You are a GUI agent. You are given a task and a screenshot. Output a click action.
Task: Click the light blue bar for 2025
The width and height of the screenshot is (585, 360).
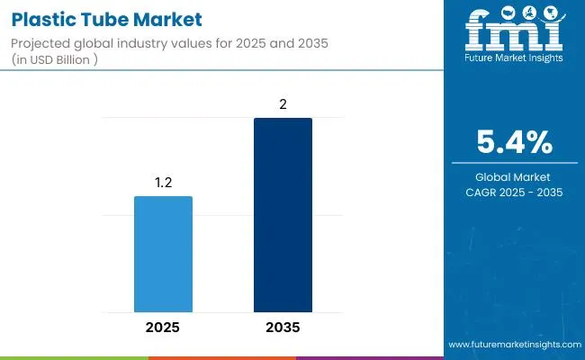(x=163, y=254)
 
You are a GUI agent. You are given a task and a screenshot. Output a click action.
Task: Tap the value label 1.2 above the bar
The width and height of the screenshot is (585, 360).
(x=163, y=184)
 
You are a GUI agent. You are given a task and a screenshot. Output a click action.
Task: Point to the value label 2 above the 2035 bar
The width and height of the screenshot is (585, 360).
(x=283, y=105)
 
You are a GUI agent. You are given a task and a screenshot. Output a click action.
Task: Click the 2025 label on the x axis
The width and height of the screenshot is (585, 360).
(x=163, y=327)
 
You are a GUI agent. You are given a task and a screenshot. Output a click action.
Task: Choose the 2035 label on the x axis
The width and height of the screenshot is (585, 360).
(x=283, y=327)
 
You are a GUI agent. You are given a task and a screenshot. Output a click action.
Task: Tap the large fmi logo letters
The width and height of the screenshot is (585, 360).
(x=514, y=34)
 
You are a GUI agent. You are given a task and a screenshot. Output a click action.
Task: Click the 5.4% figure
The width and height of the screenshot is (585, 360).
(x=515, y=142)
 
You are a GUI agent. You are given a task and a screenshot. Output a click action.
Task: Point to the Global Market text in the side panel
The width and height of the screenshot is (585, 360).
(x=515, y=177)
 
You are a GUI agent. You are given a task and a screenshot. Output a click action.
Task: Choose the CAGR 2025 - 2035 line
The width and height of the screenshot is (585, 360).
(x=515, y=193)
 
